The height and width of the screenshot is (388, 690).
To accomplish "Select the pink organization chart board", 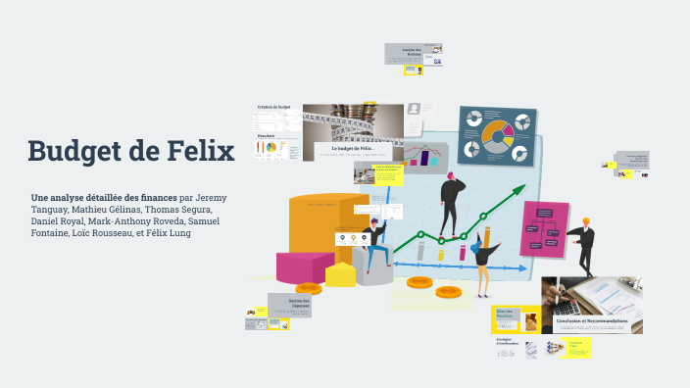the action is tap(544, 227).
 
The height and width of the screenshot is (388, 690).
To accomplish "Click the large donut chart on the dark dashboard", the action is tap(497, 133).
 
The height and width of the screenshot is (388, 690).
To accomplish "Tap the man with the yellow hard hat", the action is tap(583, 245).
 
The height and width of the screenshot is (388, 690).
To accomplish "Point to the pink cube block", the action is tap(304, 266).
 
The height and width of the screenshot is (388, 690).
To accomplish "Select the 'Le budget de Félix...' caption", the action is tap(354, 148).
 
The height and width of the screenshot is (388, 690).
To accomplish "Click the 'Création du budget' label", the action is tap(273, 107).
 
